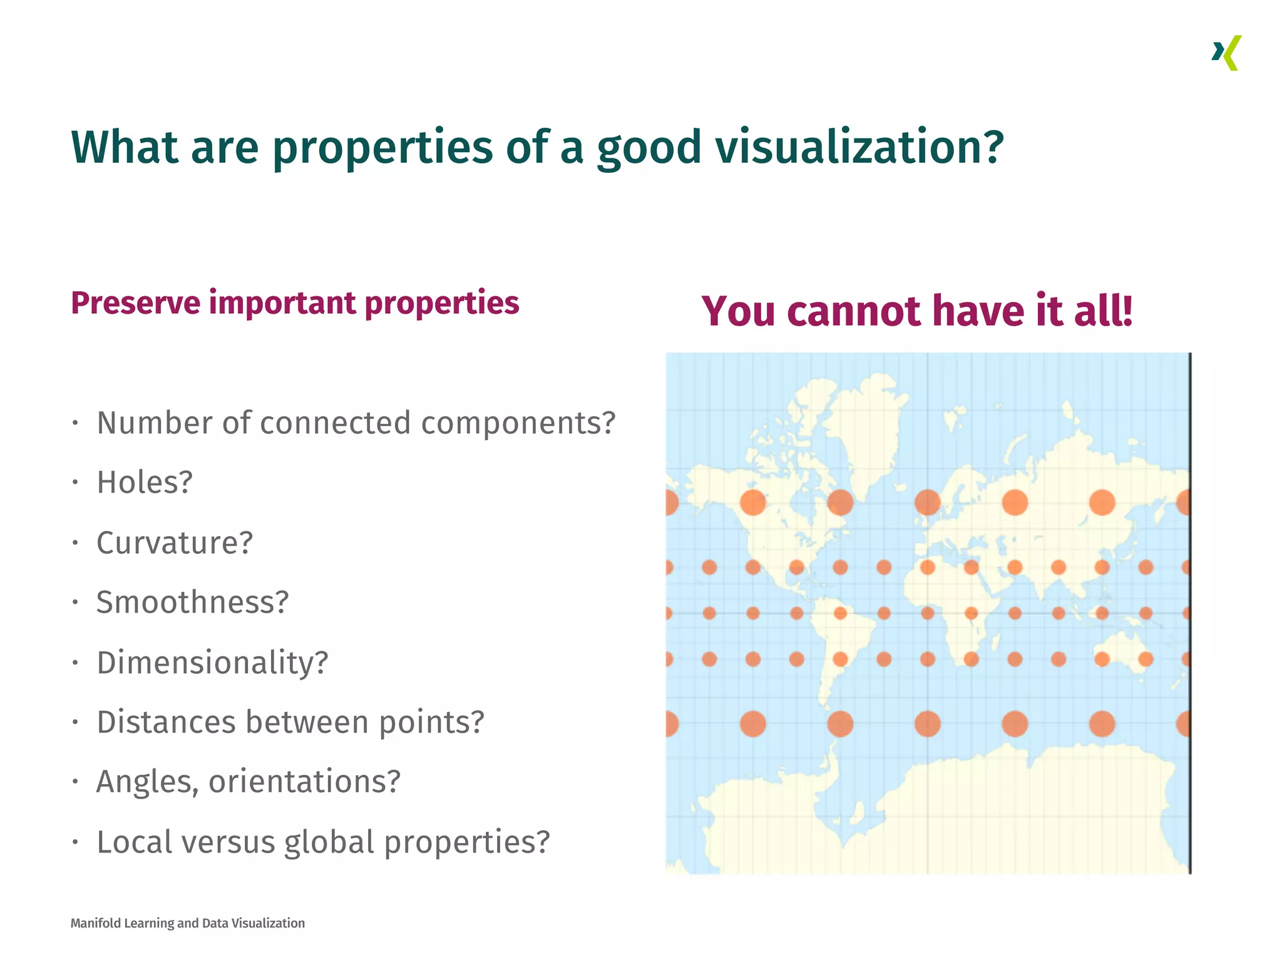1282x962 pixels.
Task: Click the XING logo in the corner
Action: click(1226, 53)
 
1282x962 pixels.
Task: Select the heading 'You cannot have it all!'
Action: click(916, 311)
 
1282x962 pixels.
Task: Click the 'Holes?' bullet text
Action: click(145, 482)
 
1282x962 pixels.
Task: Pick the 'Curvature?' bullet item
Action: click(175, 542)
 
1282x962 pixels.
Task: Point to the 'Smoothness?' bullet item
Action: click(192, 602)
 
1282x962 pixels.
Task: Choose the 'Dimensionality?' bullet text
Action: click(212, 662)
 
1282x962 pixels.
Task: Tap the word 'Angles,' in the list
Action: click(146, 782)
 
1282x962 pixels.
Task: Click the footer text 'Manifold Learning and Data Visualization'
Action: click(187, 923)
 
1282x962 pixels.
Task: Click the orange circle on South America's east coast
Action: click(840, 659)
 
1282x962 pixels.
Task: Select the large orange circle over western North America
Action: click(752, 502)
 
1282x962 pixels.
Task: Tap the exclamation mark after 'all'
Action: click(1127, 310)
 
